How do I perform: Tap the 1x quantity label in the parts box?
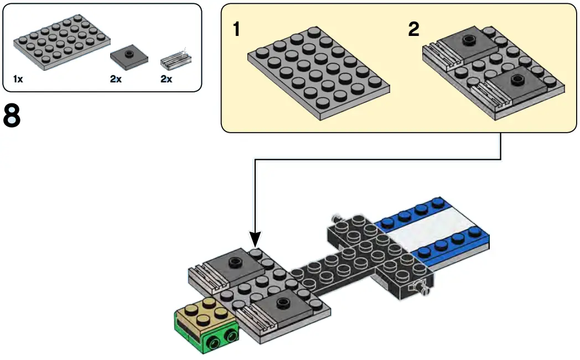(x=18, y=79)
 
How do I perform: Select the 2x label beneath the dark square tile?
(x=116, y=79)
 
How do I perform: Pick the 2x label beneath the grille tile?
(x=166, y=79)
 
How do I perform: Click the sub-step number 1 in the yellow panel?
(x=237, y=29)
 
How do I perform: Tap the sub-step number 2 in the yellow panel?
(x=413, y=29)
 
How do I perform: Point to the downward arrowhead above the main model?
(x=255, y=239)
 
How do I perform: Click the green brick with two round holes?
(x=206, y=332)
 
